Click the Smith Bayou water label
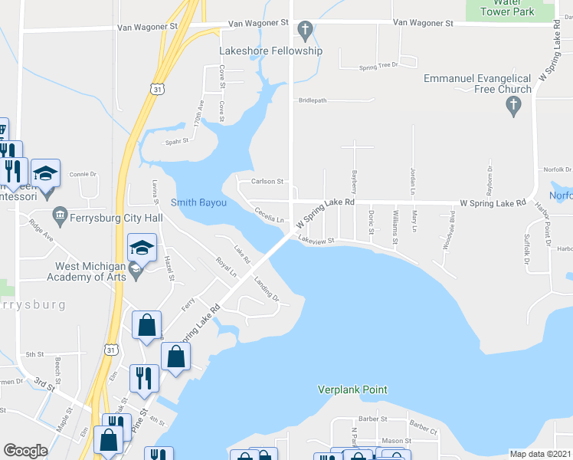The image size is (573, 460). (198, 202)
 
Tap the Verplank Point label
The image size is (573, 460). (352, 389)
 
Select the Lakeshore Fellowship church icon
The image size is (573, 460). (304, 31)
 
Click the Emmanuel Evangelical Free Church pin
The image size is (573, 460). (514, 108)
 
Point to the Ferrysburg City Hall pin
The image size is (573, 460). (58, 212)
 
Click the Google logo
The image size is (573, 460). (25, 450)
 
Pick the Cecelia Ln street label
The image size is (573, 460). (270, 215)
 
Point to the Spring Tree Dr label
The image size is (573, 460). (379, 66)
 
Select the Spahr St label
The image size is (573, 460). (176, 142)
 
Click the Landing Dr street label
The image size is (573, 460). (266, 288)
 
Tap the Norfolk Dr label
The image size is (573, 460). (557, 169)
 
